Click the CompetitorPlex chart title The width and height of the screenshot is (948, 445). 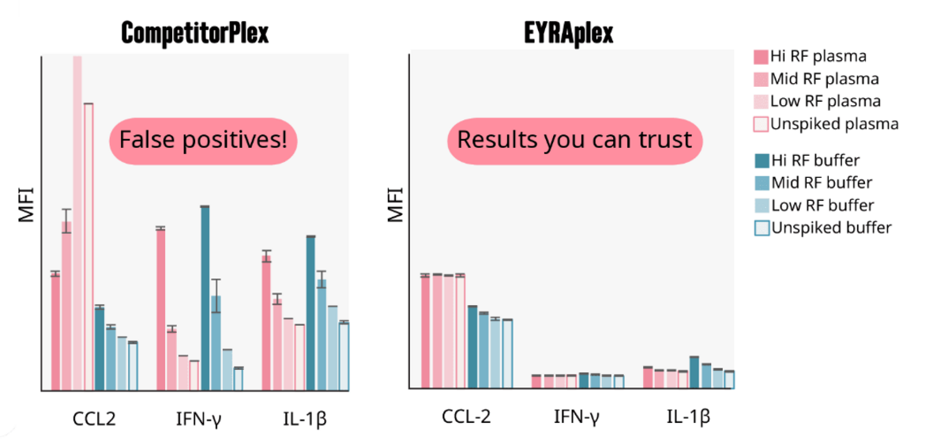pyautogui.click(x=194, y=32)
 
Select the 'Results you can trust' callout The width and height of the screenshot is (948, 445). pyautogui.click(x=574, y=140)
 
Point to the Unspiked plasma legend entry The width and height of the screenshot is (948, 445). pyautogui.click(x=826, y=124)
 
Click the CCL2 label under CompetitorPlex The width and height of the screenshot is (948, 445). pyautogui.click(x=94, y=419)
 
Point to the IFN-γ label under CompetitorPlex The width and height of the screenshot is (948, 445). pyautogui.click(x=199, y=419)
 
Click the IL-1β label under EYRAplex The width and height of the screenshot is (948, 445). pyautogui.click(x=688, y=417)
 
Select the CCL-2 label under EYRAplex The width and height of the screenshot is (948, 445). pyautogui.click(x=466, y=417)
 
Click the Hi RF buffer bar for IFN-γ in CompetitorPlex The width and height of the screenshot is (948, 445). pyautogui.click(x=205, y=298)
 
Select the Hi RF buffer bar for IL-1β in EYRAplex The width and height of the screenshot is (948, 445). pyautogui.click(x=694, y=372)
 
